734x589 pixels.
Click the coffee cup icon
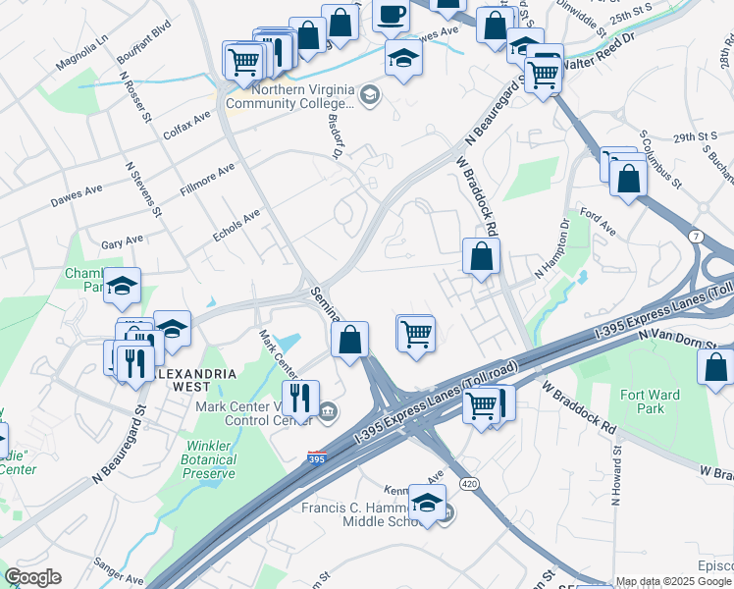click(392, 16)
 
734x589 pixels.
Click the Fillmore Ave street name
click(208, 180)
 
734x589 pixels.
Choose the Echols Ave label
click(236, 225)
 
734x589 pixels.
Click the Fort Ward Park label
click(670, 402)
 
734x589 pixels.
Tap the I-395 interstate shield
click(317, 458)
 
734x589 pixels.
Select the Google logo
click(32, 577)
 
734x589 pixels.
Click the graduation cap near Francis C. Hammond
click(427, 503)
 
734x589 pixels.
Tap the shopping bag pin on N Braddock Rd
click(481, 257)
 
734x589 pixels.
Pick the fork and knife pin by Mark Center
click(301, 398)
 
